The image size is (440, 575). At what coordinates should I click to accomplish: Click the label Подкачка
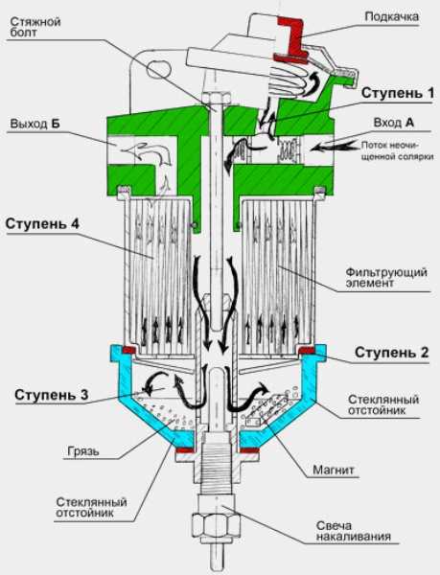392,17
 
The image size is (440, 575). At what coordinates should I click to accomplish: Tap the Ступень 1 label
398,93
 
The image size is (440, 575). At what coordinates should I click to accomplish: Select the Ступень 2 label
392,353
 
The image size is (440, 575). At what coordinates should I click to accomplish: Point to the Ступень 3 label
52,395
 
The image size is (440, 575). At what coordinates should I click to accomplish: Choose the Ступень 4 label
42,223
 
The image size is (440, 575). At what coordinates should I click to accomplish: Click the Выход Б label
35,124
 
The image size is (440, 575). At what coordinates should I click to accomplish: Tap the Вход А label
394,123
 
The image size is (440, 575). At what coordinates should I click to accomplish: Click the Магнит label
334,470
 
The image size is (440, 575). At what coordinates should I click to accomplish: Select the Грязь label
83,450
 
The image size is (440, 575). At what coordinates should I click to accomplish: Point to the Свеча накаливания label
354,532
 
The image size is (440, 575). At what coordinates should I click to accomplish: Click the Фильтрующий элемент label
386,278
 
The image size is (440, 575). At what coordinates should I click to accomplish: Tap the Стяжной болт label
35,27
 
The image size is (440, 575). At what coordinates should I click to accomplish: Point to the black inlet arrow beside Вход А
336,147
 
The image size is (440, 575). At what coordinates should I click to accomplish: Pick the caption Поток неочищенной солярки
398,150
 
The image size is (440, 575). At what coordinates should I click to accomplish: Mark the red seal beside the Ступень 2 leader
308,350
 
